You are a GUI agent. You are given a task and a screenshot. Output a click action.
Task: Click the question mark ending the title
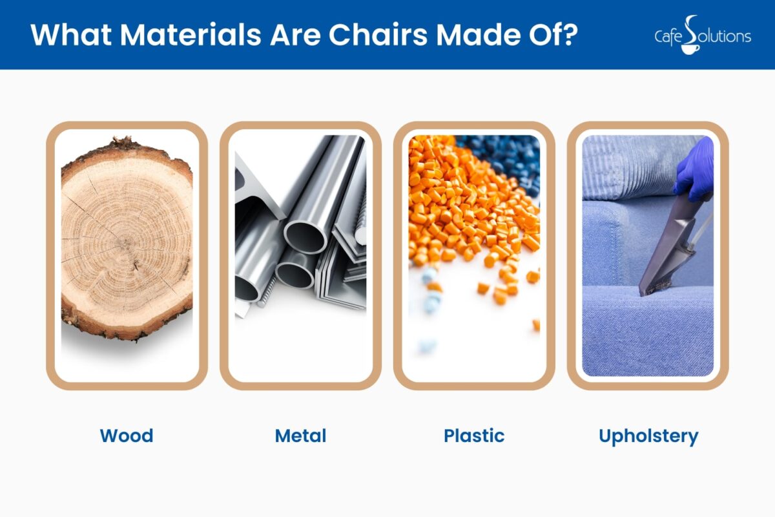click(567, 35)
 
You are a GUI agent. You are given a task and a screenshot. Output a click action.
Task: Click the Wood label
click(127, 436)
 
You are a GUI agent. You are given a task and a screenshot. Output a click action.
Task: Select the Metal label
click(300, 436)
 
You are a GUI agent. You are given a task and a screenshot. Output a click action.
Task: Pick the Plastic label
click(474, 436)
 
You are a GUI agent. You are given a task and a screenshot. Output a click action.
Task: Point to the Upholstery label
click(648, 436)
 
